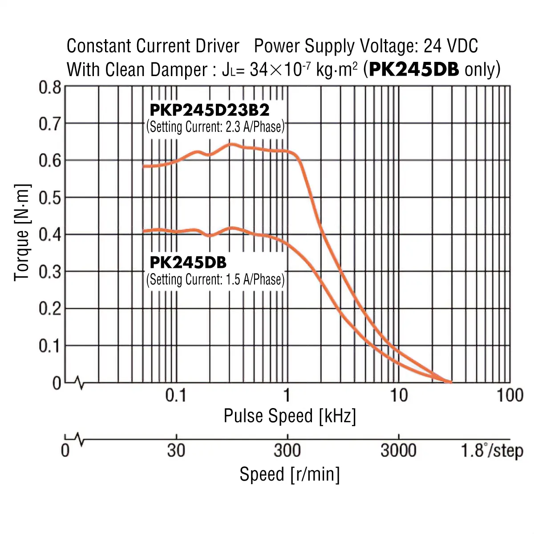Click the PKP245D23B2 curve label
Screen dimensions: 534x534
coord(209,110)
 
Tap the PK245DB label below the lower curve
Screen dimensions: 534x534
coord(188,263)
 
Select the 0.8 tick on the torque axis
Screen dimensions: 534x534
coord(50,88)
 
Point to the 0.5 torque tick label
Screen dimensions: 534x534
coord(50,198)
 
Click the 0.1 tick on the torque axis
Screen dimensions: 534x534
coord(50,346)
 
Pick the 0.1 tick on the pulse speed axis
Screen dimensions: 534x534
coord(176,395)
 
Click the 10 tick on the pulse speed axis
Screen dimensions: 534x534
coord(399,395)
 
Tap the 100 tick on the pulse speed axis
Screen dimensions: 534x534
coord(510,395)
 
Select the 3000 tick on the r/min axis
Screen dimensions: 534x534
coord(398,451)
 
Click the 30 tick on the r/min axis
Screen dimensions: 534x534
coord(176,451)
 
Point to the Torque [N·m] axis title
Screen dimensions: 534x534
coord(22,232)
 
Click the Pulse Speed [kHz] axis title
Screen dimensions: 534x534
coord(290,416)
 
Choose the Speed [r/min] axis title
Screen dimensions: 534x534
coord(290,474)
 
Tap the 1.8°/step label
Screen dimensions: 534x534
coord(492,451)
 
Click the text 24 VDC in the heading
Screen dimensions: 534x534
coord(451,46)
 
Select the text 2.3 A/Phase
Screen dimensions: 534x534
coord(254,127)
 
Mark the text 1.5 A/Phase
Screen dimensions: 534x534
coord(254,280)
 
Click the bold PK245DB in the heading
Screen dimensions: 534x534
coord(414,70)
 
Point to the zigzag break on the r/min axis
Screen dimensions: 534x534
coord(80,440)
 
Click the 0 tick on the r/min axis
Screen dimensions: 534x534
coord(65,451)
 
